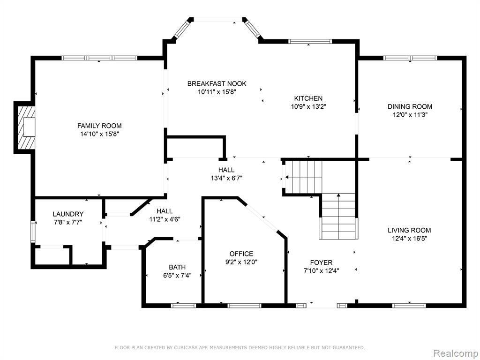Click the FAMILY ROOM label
(x=99, y=126)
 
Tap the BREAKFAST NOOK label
(x=217, y=83)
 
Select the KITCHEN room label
(x=308, y=98)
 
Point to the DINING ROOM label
(x=410, y=106)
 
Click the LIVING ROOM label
(x=409, y=230)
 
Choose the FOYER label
(x=321, y=262)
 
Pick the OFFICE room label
(x=241, y=254)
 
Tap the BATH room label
(x=177, y=267)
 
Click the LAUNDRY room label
(x=68, y=214)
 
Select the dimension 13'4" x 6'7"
(x=226, y=178)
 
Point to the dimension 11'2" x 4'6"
(x=165, y=219)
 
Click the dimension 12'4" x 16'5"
(x=409, y=239)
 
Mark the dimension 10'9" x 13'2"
(x=308, y=106)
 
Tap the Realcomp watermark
(x=456, y=353)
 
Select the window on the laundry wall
(x=33, y=232)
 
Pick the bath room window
(x=183, y=305)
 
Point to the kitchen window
(x=310, y=41)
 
